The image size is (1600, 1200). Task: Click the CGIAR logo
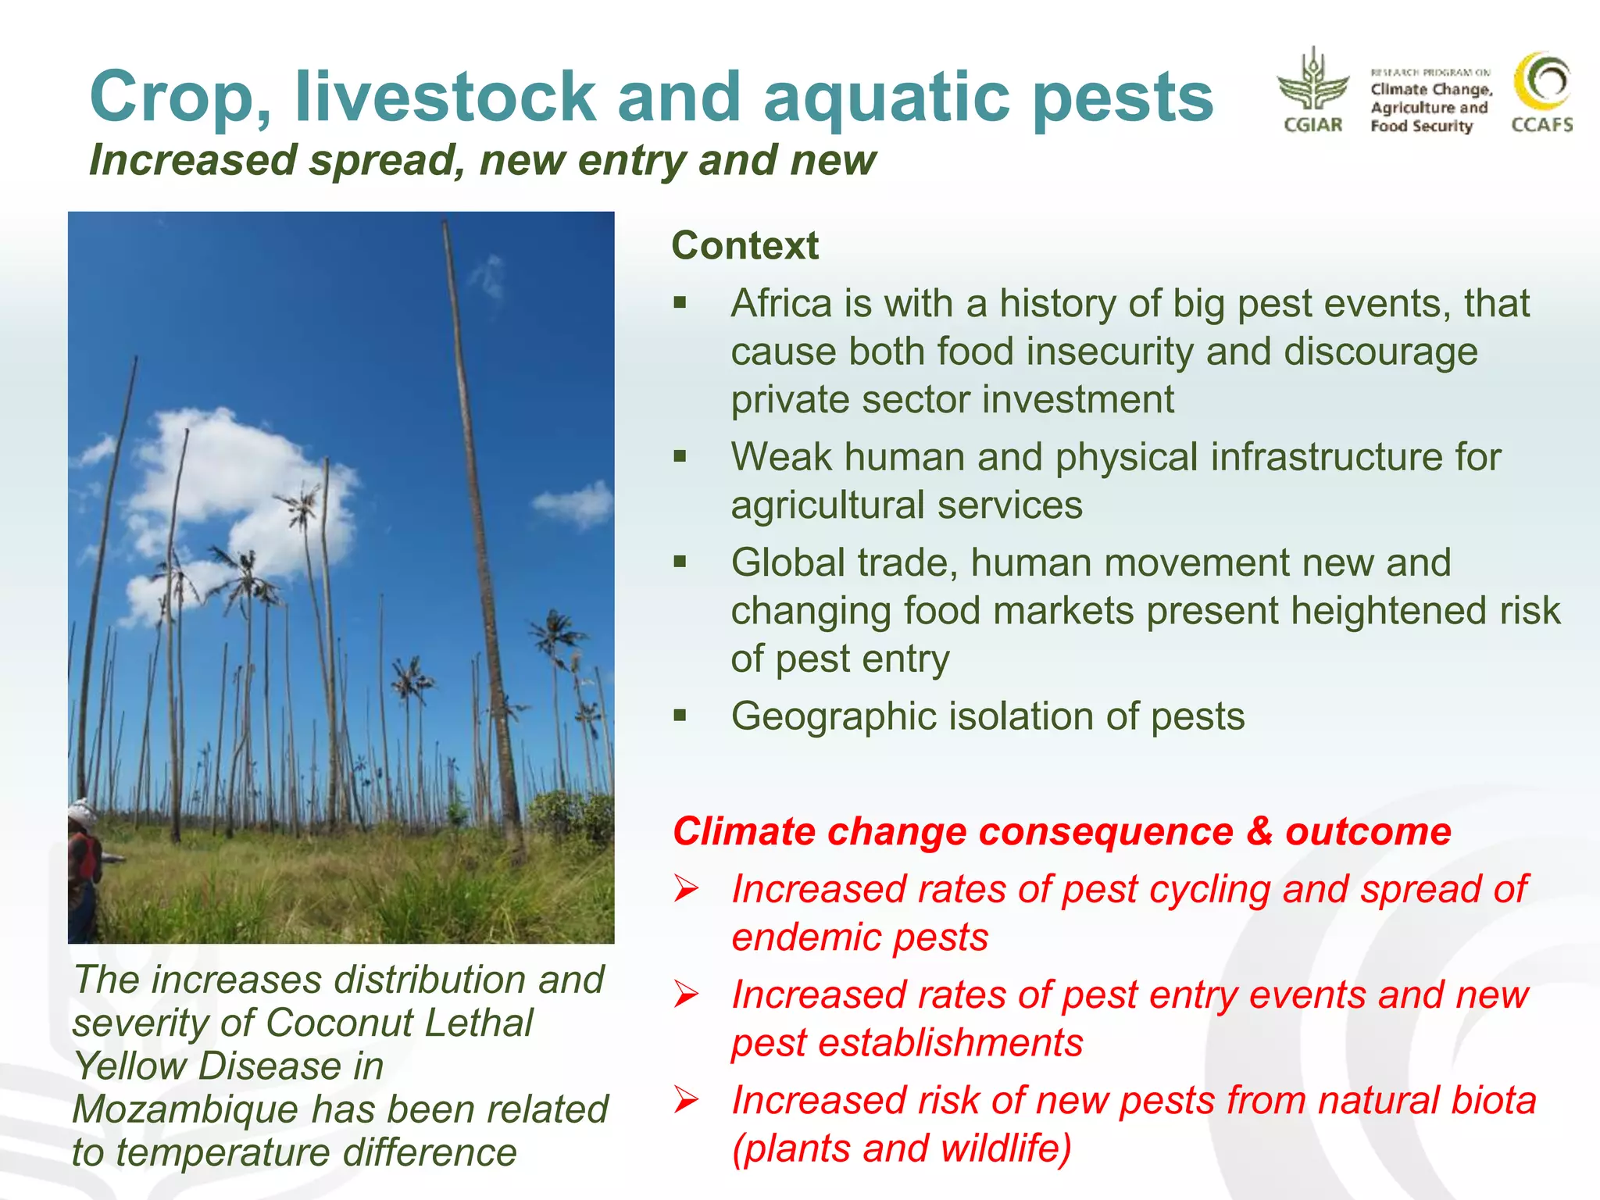1312,91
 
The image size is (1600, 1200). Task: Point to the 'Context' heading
745,245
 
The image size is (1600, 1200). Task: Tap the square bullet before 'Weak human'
680,456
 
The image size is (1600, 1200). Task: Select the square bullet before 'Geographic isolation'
680,715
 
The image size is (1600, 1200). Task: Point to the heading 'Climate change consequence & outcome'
1062,831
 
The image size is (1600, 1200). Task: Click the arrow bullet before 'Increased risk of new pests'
687,1099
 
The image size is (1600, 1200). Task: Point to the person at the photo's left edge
84,867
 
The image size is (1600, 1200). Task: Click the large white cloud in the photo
234,484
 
